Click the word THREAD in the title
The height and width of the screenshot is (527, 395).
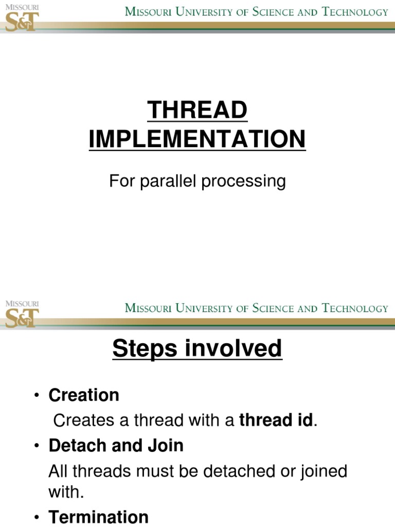pos(197,110)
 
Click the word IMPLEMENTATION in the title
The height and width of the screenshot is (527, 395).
pos(197,139)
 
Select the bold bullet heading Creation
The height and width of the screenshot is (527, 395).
pos(84,395)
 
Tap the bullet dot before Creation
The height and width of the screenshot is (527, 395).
pos(37,395)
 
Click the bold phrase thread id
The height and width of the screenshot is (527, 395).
pos(276,420)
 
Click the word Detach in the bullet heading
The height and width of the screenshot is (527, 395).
pos(77,446)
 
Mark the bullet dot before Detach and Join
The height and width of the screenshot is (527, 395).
pos(37,446)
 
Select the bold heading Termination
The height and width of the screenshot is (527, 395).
pos(98,517)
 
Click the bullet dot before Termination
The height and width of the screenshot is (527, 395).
pos(37,517)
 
